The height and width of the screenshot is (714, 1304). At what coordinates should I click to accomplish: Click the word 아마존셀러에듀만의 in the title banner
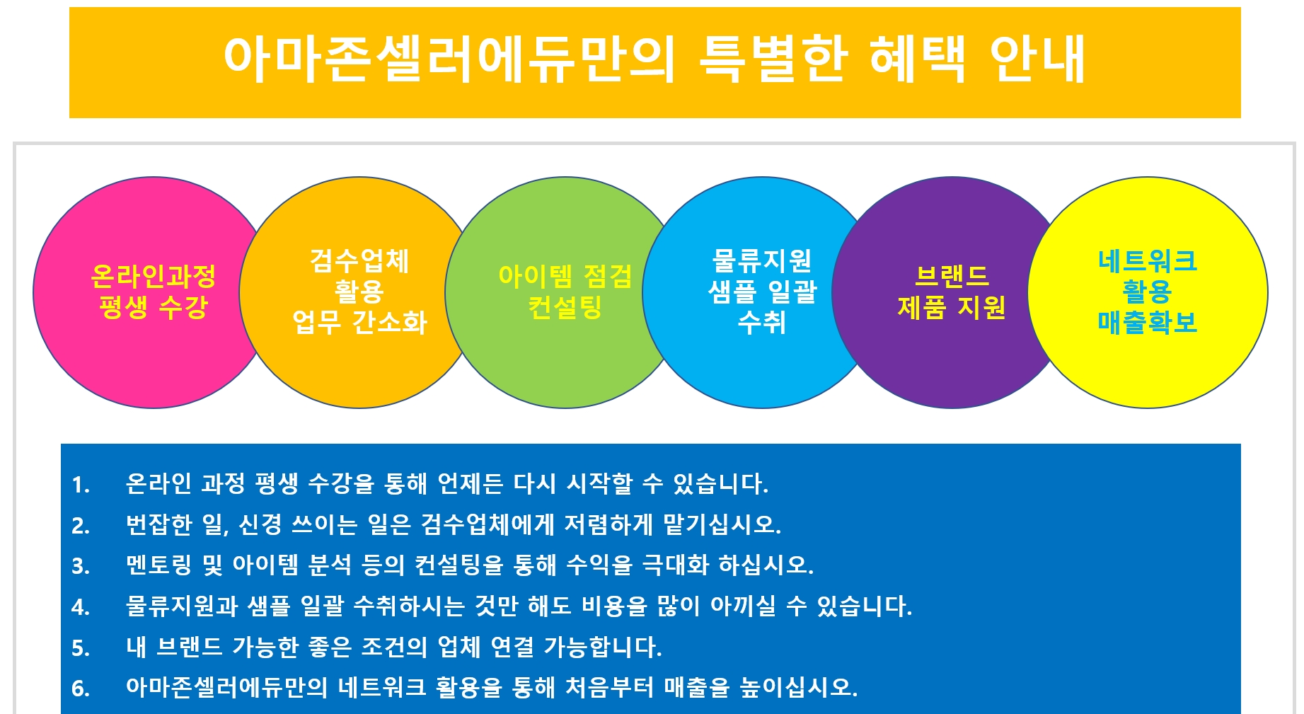[449, 59]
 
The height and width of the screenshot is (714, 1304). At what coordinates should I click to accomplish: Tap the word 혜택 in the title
[918, 58]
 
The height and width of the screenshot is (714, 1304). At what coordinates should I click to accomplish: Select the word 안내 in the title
[1037, 58]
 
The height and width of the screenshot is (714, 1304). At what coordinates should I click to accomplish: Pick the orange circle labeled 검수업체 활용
[357, 292]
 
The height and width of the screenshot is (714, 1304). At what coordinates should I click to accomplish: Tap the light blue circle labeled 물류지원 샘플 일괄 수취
[760, 292]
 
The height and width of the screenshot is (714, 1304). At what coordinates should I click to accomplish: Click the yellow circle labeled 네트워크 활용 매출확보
[1148, 292]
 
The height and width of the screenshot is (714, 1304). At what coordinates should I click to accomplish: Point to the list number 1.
[80, 485]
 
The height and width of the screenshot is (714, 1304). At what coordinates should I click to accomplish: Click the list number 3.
[80, 567]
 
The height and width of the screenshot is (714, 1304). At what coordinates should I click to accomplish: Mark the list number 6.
[80, 689]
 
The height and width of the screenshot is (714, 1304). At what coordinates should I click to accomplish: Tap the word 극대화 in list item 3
[675, 565]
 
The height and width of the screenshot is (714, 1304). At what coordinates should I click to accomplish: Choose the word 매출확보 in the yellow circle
[1147, 323]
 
